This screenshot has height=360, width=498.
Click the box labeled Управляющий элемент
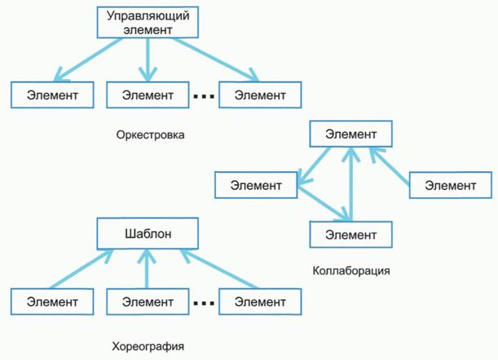point(148,22)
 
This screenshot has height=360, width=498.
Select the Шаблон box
point(148,235)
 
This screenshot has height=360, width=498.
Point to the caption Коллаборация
point(350,270)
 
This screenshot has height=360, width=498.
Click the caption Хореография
point(148,347)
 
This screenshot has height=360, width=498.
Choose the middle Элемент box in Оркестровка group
point(148,94)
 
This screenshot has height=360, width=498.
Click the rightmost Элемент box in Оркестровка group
point(259,94)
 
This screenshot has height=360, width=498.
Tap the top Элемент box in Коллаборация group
point(350,133)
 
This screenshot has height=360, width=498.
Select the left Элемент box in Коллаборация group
point(255,185)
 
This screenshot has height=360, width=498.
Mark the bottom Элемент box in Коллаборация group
point(350,235)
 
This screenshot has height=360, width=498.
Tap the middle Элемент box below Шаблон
point(148,301)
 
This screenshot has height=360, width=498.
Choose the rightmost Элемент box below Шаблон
point(259,301)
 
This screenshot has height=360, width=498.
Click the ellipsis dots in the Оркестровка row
point(204,97)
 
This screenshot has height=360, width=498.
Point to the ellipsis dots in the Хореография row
point(204,304)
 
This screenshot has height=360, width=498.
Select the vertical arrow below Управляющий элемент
point(148,59)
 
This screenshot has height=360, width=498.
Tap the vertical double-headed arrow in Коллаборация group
point(350,183)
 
